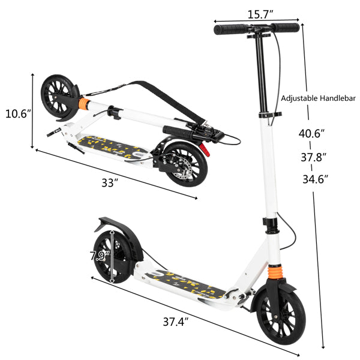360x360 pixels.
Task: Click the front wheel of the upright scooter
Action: tap(282, 319)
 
